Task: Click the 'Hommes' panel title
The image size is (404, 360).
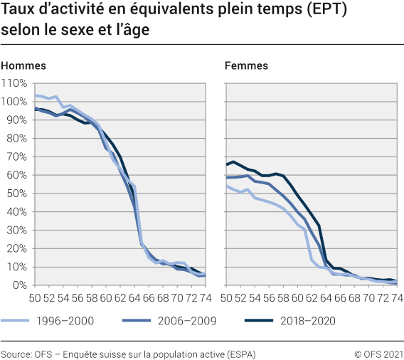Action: click(23, 65)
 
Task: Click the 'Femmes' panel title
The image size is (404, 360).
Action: click(246, 65)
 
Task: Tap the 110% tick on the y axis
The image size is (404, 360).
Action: click(14, 83)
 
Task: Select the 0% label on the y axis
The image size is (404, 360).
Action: click(19, 285)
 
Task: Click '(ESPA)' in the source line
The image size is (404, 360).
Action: click(240, 354)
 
